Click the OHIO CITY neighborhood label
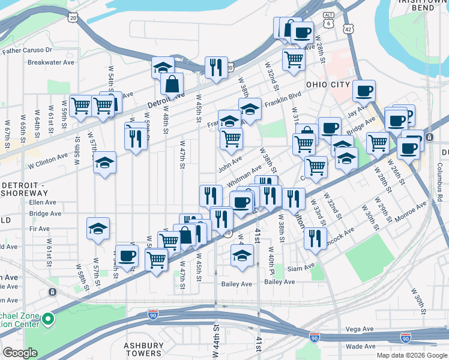pyautogui.click(x=328, y=85)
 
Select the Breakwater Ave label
pyautogui.click(x=51, y=62)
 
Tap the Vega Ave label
pyautogui.click(x=360, y=329)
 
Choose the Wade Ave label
pyautogui.click(x=361, y=346)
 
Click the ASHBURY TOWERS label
pyautogui.click(x=143, y=349)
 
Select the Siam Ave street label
pyautogui.click(x=301, y=267)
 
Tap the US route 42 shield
pyautogui.click(x=349, y=28)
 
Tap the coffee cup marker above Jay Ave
pyautogui.click(x=364, y=91)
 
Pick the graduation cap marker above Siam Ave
pyautogui.click(x=241, y=256)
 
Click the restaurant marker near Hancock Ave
pyautogui.click(x=315, y=238)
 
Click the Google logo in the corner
pyautogui.click(x=20, y=353)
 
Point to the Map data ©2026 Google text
pyautogui.click(x=411, y=355)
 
